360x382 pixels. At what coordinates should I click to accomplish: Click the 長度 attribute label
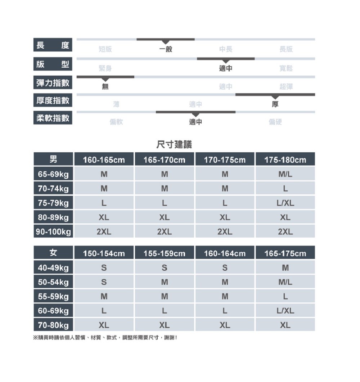click(x=53, y=45)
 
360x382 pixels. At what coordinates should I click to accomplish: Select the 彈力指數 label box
click(x=53, y=83)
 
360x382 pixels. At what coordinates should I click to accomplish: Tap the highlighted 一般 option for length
click(x=166, y=49)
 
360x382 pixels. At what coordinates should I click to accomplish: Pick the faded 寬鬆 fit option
click(x=286, y=68)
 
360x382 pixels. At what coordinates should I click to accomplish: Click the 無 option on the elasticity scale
click(x=105, y=87)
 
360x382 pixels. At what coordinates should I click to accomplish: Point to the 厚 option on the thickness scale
click(x=275, y=104)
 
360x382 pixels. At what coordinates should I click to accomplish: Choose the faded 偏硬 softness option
click(x=275, y=122)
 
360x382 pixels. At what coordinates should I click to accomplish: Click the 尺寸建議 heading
click(x=174, y=145)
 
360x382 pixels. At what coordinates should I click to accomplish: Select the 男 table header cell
click(x=53, y=159)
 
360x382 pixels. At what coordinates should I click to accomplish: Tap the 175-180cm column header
click(x=285, y=159)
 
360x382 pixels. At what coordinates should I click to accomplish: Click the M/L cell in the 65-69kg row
click(x=285, y=174)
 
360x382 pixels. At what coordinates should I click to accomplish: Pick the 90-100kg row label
click(x=53, y=232)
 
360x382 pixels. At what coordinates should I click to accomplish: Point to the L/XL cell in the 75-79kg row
click(x=285, y=203)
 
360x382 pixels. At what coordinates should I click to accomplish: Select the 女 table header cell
click(x=53, y=253)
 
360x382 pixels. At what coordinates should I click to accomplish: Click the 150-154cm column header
click(x=104, y=253)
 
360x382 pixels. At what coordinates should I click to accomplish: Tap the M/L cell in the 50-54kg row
click(x=285, y=282)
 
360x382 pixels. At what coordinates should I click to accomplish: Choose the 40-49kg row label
click(x=53, y=268)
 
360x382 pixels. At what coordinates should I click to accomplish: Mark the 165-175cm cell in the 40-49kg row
click(x=285, y=268)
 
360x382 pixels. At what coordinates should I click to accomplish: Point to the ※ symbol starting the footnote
click(x=35, y=338)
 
